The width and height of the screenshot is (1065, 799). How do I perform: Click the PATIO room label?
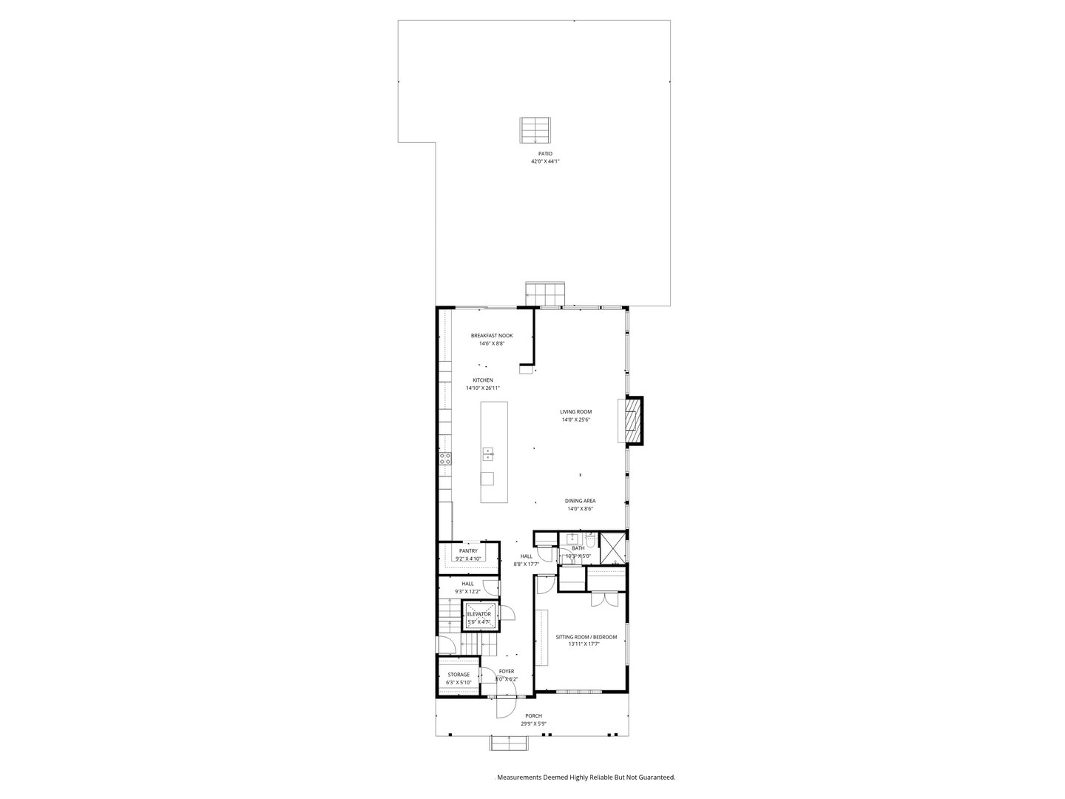point(545,153)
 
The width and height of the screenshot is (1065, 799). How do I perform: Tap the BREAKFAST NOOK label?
point(492,336)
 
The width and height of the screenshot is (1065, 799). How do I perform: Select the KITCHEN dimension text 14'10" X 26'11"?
point(483,388)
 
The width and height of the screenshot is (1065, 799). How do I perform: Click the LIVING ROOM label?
point(575,412)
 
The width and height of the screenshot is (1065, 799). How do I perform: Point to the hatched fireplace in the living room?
point(632,422)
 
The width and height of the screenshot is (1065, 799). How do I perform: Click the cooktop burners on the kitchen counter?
point(445,459)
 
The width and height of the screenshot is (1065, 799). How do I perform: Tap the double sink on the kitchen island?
point(487,454)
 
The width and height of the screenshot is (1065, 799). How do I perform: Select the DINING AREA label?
point(580,501)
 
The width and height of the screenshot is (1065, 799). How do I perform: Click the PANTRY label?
point(468,550)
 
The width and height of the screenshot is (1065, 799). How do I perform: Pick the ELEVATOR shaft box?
point(479,616)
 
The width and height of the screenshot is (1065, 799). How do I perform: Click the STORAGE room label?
point(459,675)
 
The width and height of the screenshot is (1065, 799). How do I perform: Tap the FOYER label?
point(506,671)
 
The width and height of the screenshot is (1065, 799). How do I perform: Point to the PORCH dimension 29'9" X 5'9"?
point(533,724)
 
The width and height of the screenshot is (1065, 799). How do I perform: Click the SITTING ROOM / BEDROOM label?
point(586,636)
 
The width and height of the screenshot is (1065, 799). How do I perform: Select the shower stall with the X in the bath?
point(613,548)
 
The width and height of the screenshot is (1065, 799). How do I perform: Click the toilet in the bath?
point(590,540)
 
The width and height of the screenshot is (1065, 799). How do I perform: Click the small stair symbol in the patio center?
point(535,130)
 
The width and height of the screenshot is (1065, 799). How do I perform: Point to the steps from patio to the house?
point(545,292)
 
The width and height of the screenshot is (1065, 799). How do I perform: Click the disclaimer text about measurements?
point(586,778)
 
